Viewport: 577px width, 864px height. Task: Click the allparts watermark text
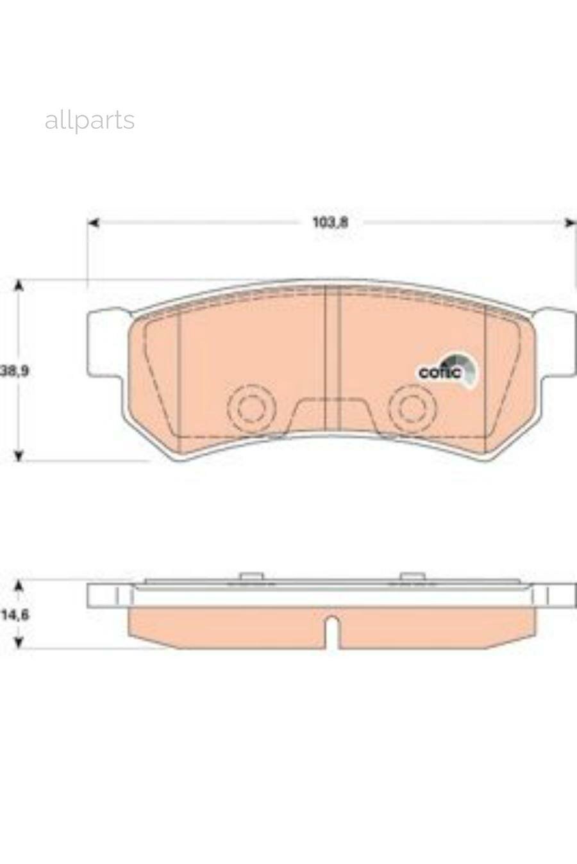(90, 120)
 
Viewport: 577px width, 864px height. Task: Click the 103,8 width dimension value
(330, 222)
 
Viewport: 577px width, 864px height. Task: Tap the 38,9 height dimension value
(14, 370)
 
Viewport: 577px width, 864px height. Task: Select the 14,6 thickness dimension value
(15, 615)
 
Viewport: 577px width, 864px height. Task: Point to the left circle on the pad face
(251, 407)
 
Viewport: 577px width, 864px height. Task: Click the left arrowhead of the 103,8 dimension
(94, 222)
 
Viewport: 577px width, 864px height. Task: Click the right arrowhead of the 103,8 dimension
(570, 222)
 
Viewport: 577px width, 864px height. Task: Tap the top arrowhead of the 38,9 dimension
(19, 286)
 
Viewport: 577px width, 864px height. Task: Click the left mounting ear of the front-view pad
(106, 343)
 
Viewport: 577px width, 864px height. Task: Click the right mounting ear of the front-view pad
(556, 343)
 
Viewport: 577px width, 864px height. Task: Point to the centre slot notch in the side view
(331, 631)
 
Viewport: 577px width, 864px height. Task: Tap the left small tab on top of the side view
(251, 576)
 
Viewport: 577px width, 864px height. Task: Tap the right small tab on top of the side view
(412, 576)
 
